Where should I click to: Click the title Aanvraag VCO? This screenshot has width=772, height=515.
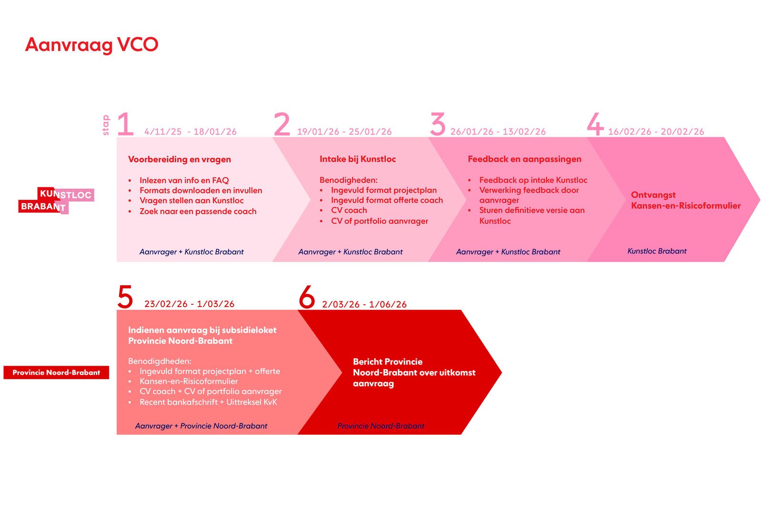point(91,45)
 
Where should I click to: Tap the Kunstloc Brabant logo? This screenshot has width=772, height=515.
point(56,200)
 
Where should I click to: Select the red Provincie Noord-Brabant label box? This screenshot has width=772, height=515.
point(56,372)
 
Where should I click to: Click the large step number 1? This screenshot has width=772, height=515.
point(125,124)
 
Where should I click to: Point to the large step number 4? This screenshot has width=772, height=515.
point(595,124)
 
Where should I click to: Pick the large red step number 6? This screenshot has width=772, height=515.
point(307,297)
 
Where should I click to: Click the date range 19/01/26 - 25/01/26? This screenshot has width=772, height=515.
point(344,132)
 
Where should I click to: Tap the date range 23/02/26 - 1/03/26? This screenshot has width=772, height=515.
point(189,304)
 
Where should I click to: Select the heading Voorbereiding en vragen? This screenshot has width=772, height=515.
point(180,159)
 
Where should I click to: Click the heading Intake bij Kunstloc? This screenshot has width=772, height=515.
point(358,159)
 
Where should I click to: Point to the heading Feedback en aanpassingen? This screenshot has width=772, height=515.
point(525,159)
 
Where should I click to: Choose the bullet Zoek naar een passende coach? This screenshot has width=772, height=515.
point(198,211)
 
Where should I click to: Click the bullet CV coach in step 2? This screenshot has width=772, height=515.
point(349,210)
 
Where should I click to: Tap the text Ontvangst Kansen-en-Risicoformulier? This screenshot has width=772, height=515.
point(686,200)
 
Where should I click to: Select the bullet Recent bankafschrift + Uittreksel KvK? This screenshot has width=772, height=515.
point(208,402)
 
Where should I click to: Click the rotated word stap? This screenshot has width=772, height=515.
point(106,125)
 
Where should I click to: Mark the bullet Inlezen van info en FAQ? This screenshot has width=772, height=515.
point(184,180)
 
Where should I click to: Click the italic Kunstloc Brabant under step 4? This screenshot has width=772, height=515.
point(657,251)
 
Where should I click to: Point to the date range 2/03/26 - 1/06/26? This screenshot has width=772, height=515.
point(364,304)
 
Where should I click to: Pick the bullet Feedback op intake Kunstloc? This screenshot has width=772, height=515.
point(533,180)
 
